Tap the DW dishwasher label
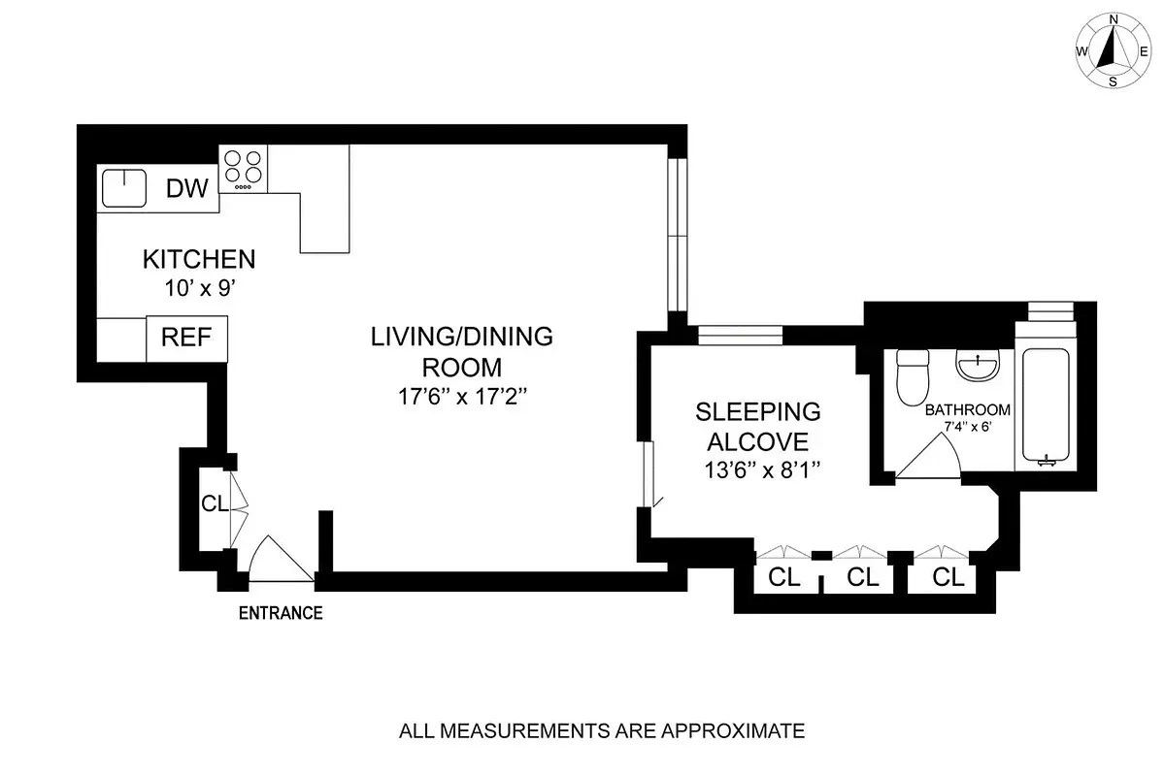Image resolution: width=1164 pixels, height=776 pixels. (x=186, y=188)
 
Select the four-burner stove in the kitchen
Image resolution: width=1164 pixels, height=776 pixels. (x=244, y=167)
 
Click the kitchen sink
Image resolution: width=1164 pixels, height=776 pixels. (x=123, y=187)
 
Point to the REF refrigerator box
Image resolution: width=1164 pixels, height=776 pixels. (x=186, y=339)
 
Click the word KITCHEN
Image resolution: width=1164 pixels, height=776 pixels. (x=199, y=259)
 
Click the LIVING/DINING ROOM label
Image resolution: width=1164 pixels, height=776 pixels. (x=461, y=351)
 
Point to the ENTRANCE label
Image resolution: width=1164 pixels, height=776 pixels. (x=282, y=612)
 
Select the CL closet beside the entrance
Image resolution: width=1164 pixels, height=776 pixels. (x=213, y=503)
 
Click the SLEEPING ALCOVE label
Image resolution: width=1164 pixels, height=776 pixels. (x=757, y=427)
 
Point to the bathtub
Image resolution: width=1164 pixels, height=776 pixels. (x=1045, y=407)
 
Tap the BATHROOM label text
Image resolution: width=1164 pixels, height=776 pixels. (x=967, y=409)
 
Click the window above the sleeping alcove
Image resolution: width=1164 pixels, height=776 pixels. (x=740, y=335)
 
